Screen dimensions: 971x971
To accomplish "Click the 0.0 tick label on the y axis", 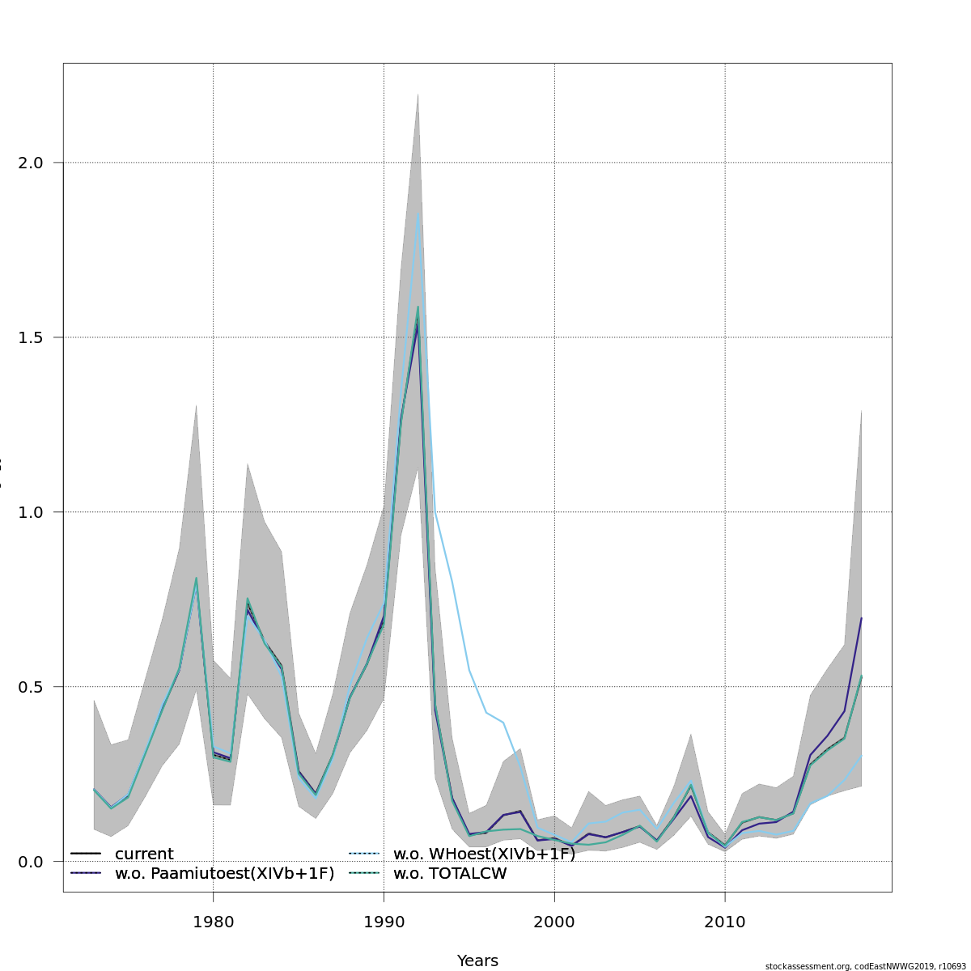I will click(30, 862).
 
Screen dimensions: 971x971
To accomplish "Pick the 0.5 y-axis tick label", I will click(30, 687).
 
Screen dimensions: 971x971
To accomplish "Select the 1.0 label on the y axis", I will click(30, 512).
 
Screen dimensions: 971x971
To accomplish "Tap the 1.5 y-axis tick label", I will click(30, 337).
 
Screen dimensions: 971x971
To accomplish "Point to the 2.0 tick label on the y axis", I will click(30, 163).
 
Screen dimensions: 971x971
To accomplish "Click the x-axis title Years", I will click(477, 961).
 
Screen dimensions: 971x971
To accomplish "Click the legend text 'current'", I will click(144, 854).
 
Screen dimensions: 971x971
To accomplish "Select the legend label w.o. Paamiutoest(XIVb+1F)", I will click(224, 874).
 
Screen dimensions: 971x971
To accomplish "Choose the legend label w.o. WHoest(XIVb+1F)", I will click(484, 854).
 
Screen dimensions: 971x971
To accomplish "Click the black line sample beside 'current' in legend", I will click(85, 854).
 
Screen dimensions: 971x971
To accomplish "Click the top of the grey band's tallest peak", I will click(418, 95).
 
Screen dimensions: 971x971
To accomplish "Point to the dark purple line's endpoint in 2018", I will click(861, 618).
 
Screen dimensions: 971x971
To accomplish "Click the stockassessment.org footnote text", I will click(865, 966).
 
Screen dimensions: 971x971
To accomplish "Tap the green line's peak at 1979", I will click(196, 579).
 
